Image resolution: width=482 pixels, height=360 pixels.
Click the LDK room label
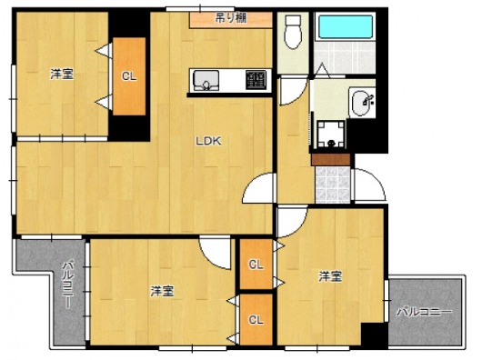pyautogui.click(x=209, y=141)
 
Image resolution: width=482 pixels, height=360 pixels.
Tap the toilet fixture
pyautogui.click(x=293, y=32)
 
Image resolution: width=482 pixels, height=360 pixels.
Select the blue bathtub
pyautogui.click(x=346, y=26)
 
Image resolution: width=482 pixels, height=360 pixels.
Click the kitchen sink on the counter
pyautogui.click(x=206, y=81)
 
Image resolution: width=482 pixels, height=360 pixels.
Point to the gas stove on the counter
pyautogui.click(x=256, y=80)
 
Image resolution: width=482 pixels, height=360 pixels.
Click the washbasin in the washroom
pyautogui.click(x=362, y=103)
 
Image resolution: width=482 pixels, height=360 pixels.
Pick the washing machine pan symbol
pyautogui.click(x=331, y=135)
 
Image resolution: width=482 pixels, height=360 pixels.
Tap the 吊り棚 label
pyautogui.click(x=231, y=18)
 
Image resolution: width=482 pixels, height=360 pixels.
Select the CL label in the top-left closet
pyautogui.click(x=129, y=76)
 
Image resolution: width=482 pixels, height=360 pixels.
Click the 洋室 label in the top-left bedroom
pyautogui.click(x=62, y=75)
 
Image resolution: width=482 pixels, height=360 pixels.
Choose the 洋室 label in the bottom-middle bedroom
pyautogui.click(x=162, y=292)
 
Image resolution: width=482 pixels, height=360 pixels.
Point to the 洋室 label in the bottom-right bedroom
pyautogui.click(x=330, y=276)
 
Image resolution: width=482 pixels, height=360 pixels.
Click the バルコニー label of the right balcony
pyautogui.click(x=425, y=313)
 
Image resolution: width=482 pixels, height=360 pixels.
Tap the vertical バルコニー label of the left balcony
pyautogui.click(x=67, y=285)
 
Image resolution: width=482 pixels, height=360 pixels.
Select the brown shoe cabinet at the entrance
pyautogui.click(x=331, y=160)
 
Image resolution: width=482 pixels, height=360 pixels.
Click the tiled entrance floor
pyautogui.click(x=333, y=185)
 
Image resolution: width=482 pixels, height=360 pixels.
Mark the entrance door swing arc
pyautogui.click(x=375, y=181)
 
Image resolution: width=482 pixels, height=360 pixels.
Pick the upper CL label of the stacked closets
pyautogui.click(x=256, y=265)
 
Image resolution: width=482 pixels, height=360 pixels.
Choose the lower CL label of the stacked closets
pyautogui.click(x=256, y=320)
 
